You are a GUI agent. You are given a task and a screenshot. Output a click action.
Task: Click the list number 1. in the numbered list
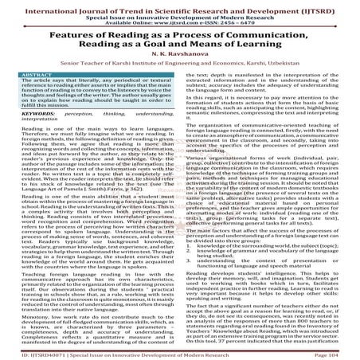[x=188, y=239]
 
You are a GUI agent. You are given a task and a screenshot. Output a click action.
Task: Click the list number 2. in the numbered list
[x=188, y=245]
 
